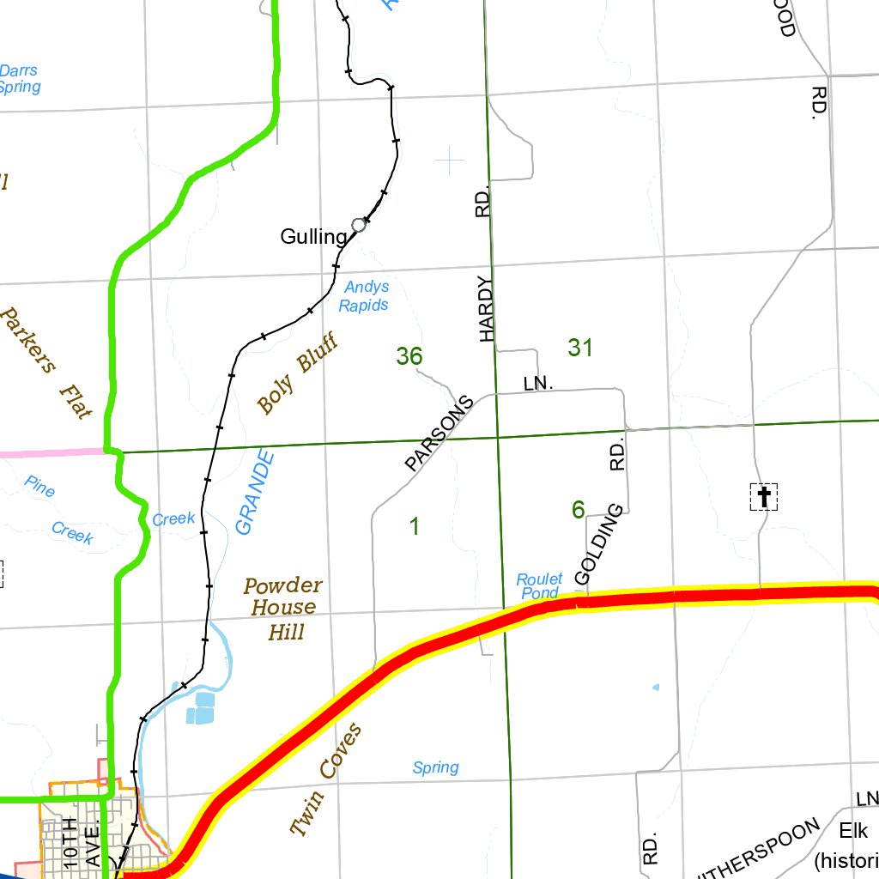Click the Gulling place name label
313,237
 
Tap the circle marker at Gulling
359,225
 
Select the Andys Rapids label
364,296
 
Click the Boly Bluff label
297,375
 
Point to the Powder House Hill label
282,609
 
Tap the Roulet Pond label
539,586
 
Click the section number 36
409,356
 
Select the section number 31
580,348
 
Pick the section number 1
415,526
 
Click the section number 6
579,511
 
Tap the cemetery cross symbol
763,496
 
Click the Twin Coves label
326,779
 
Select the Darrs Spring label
19,79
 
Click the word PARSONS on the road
439,433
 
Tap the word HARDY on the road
488,309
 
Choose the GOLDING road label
597,545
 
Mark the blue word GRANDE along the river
257,492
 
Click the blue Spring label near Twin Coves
435,767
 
